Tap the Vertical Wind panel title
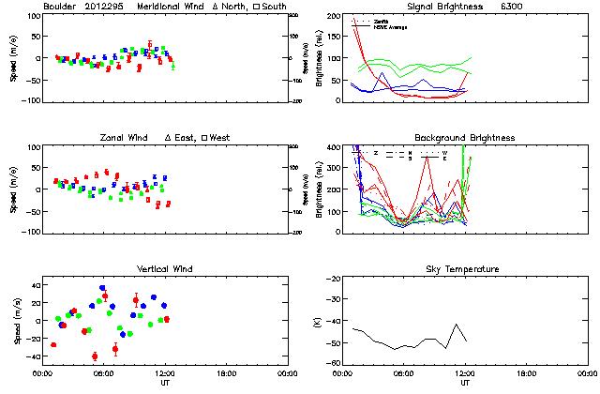[162, 269]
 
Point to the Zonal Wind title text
[126, 138]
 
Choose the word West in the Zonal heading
[220, 138]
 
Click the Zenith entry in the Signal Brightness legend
[382, 20]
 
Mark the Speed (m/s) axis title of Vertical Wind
[16, 322]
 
